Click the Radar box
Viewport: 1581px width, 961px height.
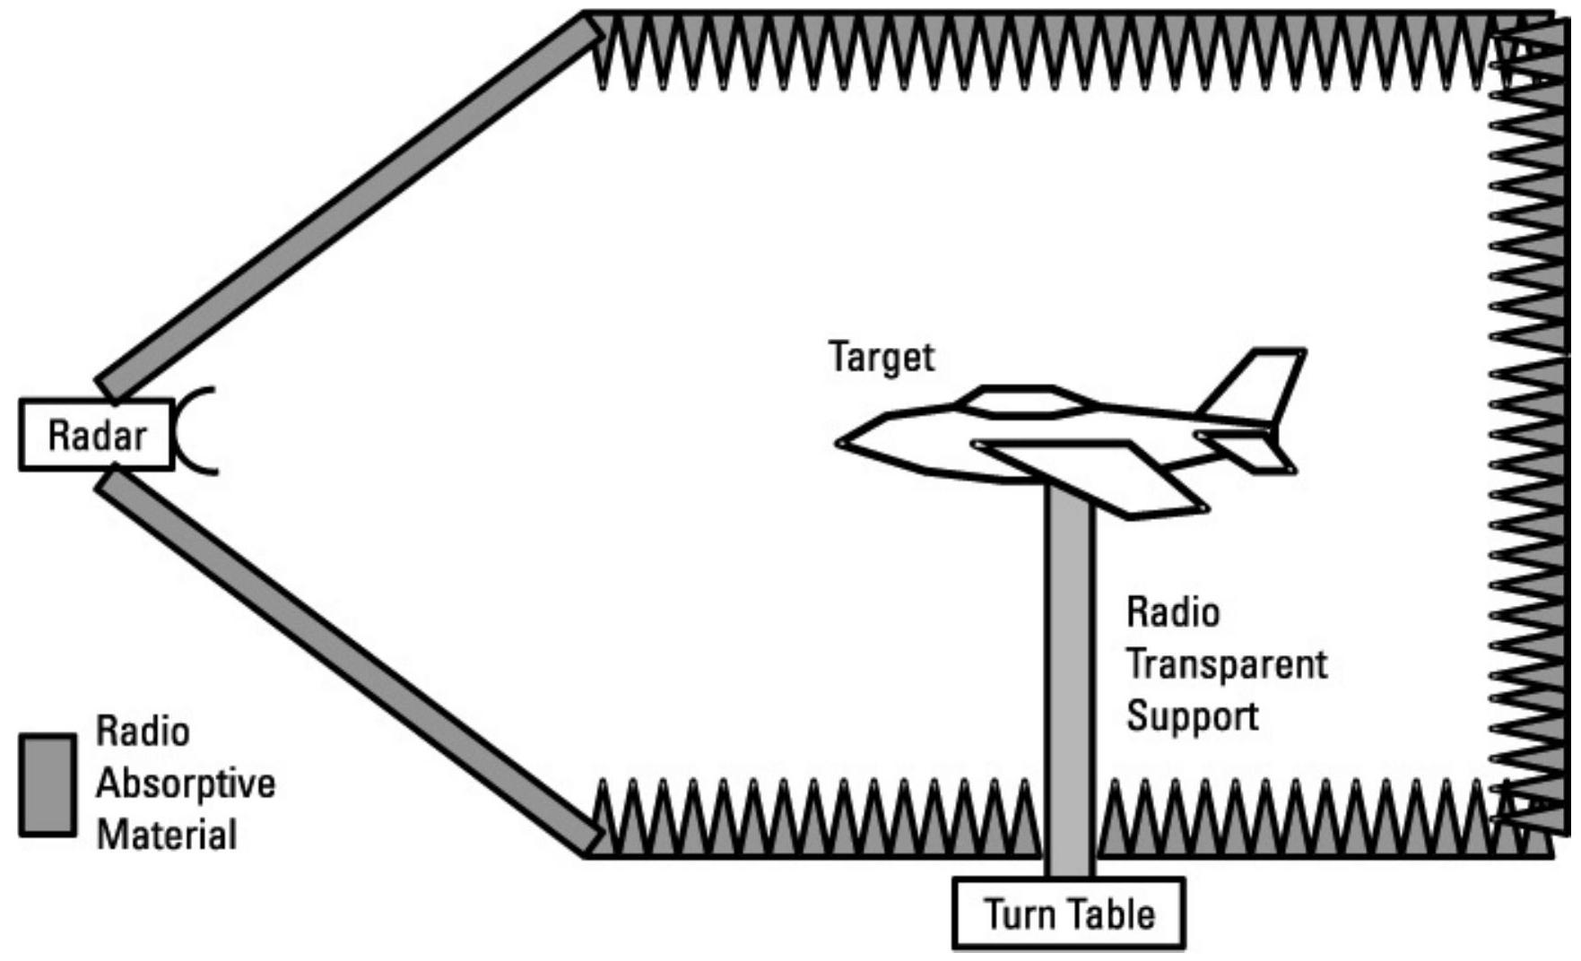click(97, 435)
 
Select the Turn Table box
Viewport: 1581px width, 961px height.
click(1069, 913)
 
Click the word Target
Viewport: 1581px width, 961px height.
click(881, 357)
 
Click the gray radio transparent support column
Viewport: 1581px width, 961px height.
click(1070, 681)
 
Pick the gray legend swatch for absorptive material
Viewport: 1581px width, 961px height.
click(48, 785)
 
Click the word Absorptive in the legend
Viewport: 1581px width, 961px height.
click(186, 784)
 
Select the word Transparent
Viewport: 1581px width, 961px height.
click(1226, 664)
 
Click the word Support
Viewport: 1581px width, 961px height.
click(1192, 716)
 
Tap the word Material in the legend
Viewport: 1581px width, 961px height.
click(167, 835)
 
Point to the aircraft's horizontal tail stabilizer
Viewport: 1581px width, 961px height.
click(1247, 451)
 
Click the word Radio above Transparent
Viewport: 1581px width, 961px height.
click(1173, 613)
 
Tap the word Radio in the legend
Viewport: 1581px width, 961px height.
click(143, 732)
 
